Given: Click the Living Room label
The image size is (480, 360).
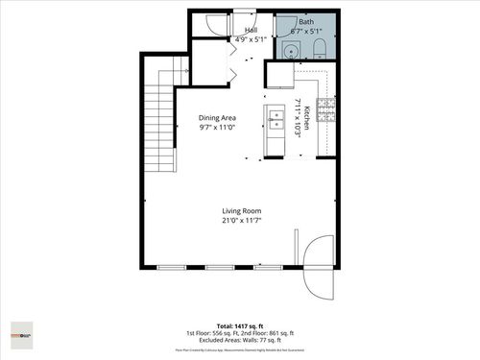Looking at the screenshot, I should [x=242, y=211].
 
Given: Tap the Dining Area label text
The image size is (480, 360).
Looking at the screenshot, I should [x=217, y=118].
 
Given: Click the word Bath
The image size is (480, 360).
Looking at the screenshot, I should [x=305, y=21].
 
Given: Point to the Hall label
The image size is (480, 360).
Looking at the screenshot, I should [x=251, y=31].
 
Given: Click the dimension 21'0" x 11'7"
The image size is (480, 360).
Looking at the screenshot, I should [x=242, y=221].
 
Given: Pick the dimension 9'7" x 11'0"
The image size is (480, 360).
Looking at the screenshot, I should [x=217, y=128].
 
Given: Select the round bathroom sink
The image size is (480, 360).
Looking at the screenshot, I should [x=291, y=51].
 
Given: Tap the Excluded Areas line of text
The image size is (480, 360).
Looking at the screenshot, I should [x=240, y=341].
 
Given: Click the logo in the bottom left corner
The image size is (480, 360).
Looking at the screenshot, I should [x=22, y=335].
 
